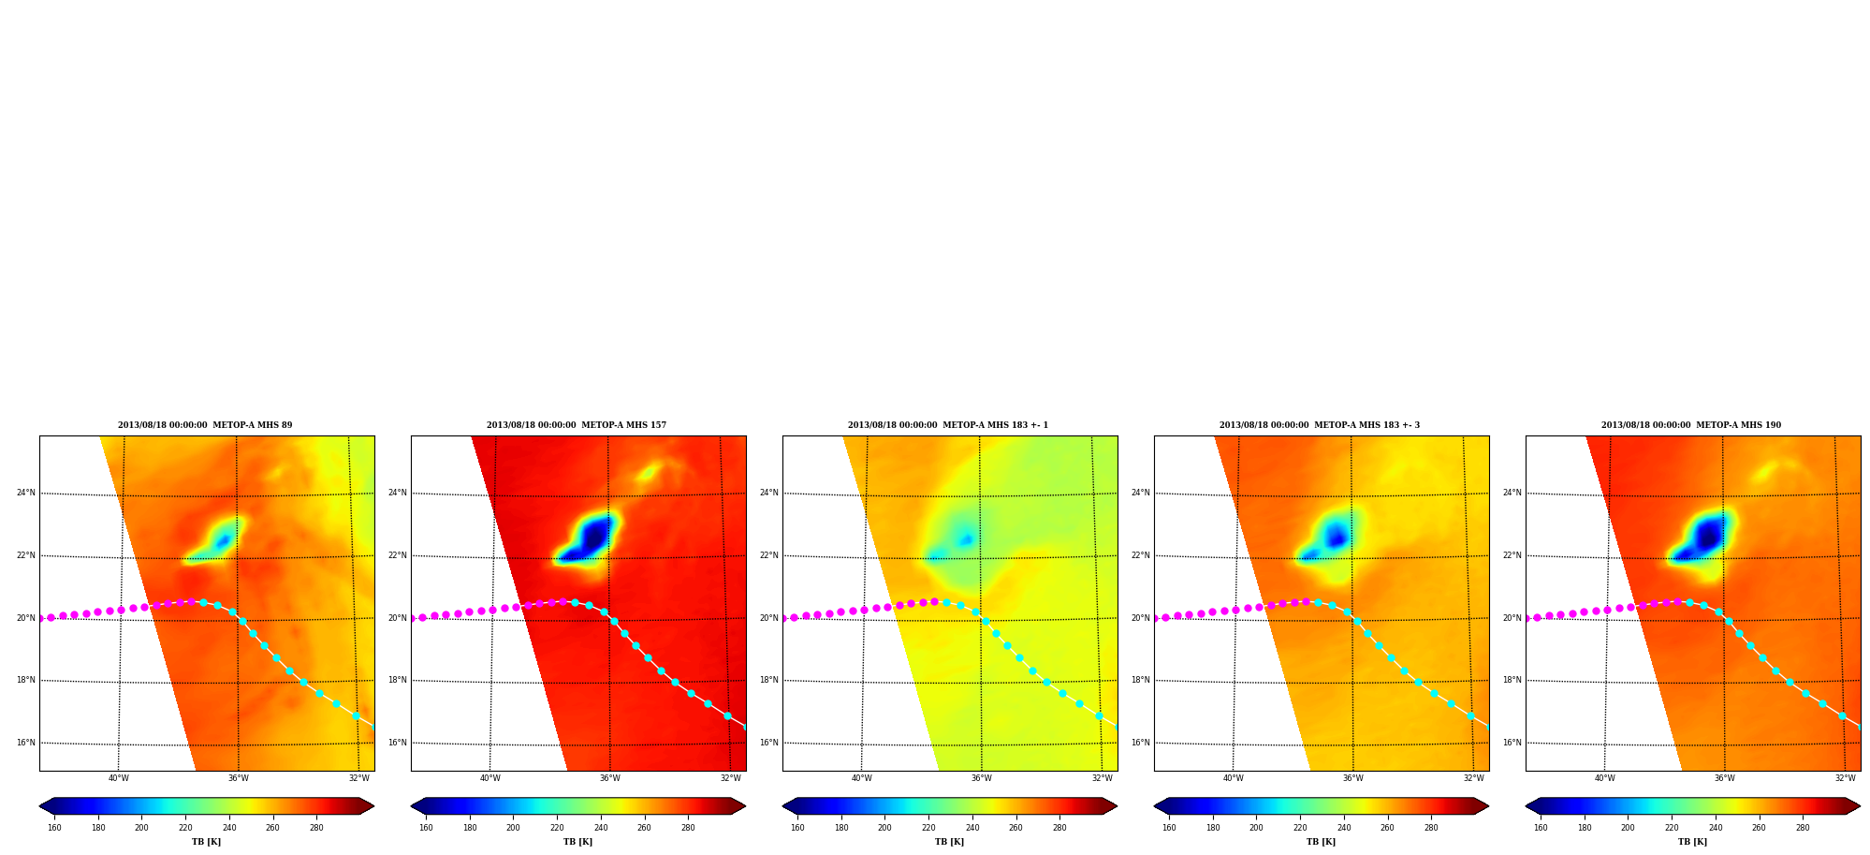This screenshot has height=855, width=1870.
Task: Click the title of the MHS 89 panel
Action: click(205, 425)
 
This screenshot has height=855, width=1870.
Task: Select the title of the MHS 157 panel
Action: click(577, 425)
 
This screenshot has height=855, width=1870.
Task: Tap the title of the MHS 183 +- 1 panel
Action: click(948, 425)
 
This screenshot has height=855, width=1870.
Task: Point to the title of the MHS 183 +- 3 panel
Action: click(1320, 425)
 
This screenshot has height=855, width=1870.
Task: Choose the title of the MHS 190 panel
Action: click(1691, 425)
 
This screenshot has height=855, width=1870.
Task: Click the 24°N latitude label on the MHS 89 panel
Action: click(25, 493)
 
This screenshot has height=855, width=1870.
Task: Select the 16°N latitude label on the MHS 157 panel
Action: click(397, 743)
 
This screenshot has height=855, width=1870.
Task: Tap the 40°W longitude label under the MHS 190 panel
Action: click(1605, 778)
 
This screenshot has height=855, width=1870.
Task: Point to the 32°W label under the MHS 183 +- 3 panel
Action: click(1474, 778)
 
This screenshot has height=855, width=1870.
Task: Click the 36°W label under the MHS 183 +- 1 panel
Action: click(982, 778)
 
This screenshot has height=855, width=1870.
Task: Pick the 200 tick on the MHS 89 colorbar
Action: click(141, 828)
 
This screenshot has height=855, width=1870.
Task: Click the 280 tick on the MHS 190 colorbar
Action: click(1803, 828)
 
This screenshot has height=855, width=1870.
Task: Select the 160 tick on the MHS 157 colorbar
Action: click(426, 828)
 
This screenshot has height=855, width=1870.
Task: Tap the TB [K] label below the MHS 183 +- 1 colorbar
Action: click(949, 842)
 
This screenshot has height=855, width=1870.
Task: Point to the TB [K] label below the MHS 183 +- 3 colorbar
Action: click(1321, 842)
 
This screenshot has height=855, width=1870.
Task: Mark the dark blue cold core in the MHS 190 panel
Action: click(1708, 537)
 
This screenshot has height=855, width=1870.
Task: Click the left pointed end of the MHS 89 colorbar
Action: click(40, 806)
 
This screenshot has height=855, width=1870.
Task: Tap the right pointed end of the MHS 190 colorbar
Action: click(1859, 806)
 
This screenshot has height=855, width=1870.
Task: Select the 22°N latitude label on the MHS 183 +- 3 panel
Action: click(1140, 555)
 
